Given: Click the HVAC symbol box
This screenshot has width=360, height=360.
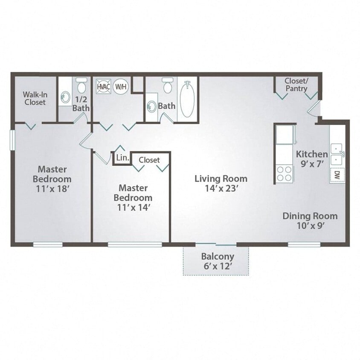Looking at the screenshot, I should [x=103, y=87].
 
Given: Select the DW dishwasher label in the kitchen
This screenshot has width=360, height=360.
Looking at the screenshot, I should [x=337, y=174].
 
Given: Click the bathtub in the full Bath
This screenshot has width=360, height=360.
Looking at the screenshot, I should [x=187, y=100].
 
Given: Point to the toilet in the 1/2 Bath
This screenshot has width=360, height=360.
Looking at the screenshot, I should [x=81, y=87].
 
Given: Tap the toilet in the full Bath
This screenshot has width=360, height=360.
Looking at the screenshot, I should [x=168, y=86].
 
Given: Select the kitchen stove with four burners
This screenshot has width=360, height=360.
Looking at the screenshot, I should [x=285, y=174].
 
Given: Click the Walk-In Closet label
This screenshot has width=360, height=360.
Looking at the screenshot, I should [x=35, y=98].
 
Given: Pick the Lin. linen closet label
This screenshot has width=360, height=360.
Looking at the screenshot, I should [x=122, y=158].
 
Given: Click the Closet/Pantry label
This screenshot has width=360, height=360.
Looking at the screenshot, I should [x=296, y=84].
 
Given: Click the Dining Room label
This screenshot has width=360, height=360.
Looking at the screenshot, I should [x=310, y=216].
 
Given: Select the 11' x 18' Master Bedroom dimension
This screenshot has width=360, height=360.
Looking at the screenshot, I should [x=52, y=188].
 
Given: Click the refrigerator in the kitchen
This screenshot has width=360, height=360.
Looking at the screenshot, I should [x=285, y=135].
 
